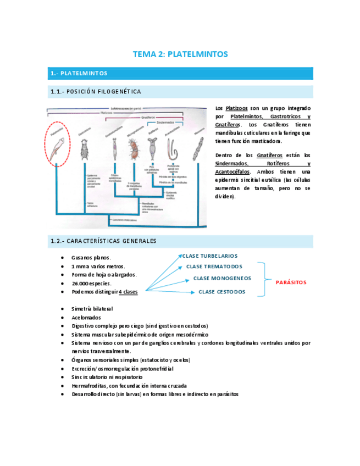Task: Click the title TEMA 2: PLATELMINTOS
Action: (180, 54)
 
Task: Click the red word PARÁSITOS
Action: (291, 282)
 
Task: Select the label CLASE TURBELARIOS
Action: (209, 256)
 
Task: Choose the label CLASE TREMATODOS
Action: (213, 267)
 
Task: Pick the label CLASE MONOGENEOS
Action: (222, 278)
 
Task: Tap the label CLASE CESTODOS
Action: (221, 292)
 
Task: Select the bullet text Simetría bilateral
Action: (92, 309)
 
